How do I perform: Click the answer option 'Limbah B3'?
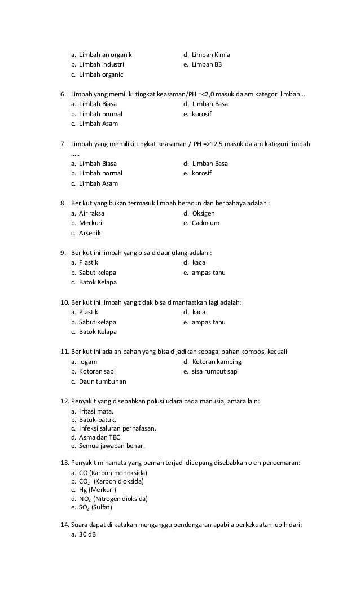point(207,65)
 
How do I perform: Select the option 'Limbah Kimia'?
point(210,55)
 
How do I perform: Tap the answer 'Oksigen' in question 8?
point(203,213)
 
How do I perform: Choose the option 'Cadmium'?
point(205,223)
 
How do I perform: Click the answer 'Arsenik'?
point(90,233)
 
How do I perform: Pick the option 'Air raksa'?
point(91,213)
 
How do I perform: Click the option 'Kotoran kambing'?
point(217,361)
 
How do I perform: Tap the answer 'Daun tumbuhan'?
point(102,381)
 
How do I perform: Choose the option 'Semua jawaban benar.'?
point(112,446)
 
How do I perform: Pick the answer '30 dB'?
point(87,534)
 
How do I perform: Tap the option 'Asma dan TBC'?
point(99,437)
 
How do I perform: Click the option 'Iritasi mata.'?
point(96,411)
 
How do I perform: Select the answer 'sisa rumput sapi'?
point(215,371)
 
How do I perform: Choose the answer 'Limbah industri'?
point(102,65)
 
